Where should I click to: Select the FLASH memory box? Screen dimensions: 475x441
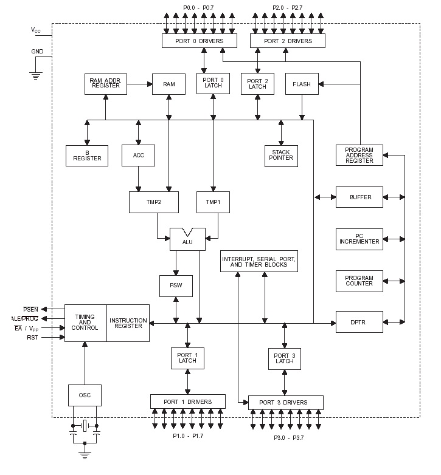(302, 84)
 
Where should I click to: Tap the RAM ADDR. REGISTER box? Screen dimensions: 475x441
(105, 84)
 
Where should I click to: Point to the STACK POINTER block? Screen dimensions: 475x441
(281, 155)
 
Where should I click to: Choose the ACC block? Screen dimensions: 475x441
(138, 155)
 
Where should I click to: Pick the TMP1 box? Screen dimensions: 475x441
(213, 202)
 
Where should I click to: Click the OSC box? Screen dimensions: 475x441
(85, 395)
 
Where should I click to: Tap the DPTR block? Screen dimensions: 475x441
(359, 321)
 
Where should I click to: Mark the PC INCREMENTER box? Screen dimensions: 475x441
(359, 238)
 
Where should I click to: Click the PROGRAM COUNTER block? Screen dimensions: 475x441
(359, 280)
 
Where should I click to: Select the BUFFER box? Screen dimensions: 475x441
(359, 197)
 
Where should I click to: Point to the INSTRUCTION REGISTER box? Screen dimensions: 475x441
(128, 323)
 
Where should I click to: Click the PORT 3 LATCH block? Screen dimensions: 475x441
(284, 358)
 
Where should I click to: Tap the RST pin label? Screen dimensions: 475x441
(32, 337)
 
